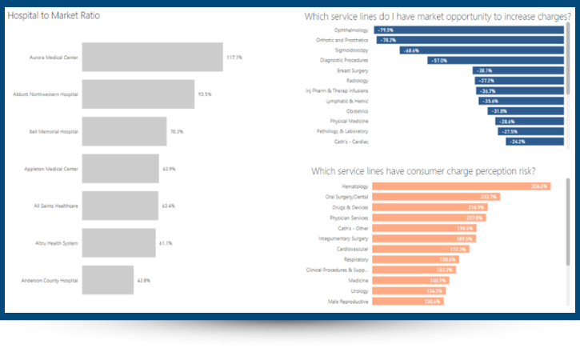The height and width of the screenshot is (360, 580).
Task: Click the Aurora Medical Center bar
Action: (x=152, y=58)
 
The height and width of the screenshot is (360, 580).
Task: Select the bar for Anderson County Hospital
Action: (x=106, y=280)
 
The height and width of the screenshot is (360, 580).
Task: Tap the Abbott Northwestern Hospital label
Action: (x=46, y=94)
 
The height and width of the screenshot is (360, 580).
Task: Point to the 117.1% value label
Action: (x=234, y=58)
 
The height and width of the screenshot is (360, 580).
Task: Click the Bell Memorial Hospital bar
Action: (x=124, y=131)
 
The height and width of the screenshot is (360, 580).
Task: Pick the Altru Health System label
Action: (x=56, y=243)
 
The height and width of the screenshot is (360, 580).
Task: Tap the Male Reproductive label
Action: (x=350, y=301)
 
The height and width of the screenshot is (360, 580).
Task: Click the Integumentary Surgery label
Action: (x=343, y=238)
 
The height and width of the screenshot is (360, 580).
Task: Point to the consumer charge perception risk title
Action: (x=423, y=170)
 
